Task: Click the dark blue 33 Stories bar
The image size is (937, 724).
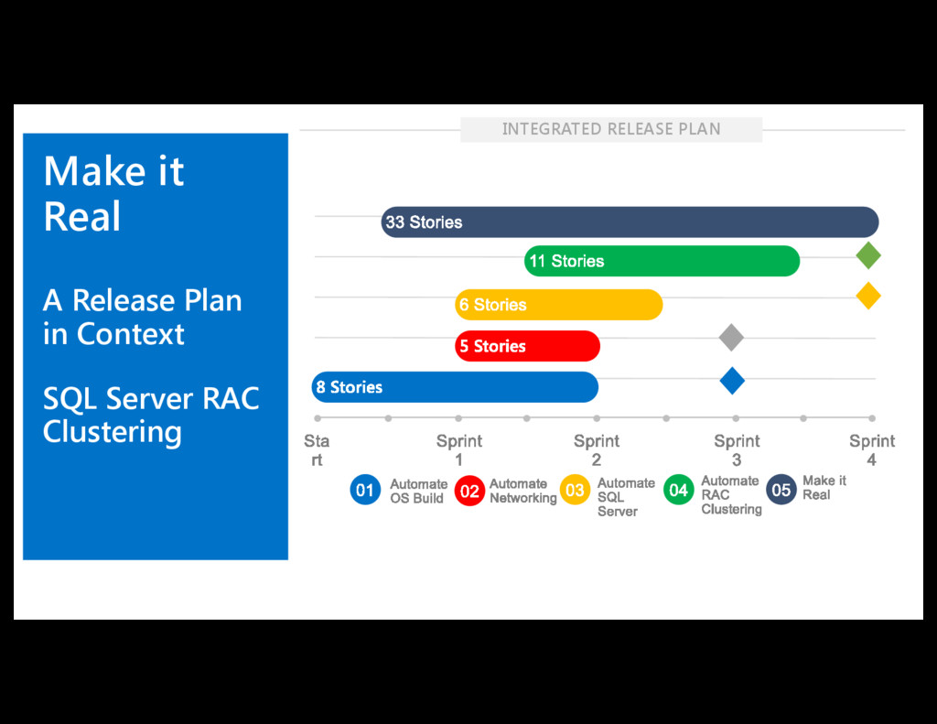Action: pos(630,222)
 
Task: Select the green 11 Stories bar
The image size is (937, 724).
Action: pos(662,261)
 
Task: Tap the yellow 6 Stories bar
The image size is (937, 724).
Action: pos(558,305)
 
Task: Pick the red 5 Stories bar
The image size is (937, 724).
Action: pos(527,346)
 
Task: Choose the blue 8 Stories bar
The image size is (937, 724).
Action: pos(455,387)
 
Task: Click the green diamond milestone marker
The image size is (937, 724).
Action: pos(868,255)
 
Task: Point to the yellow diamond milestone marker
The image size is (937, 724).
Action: pos(868,296)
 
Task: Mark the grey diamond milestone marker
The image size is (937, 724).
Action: pos(730,337)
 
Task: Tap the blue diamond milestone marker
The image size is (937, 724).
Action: pos(731,380)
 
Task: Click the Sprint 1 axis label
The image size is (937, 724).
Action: pos(459,449)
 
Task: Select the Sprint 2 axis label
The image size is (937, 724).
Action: pos(597,449)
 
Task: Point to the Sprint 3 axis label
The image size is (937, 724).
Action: pos(737,449)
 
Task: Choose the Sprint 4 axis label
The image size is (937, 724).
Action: pos(872,449)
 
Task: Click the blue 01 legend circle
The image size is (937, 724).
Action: pos(365,491)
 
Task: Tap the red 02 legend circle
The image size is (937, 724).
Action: pos(469,492)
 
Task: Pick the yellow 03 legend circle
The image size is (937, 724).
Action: pos(575,491)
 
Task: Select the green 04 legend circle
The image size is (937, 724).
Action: pos(678,491)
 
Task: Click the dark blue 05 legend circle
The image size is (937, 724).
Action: pos(781,491)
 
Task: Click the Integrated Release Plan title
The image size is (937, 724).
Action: pos(611,129)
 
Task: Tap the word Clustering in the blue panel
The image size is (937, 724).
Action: pos(113,431)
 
